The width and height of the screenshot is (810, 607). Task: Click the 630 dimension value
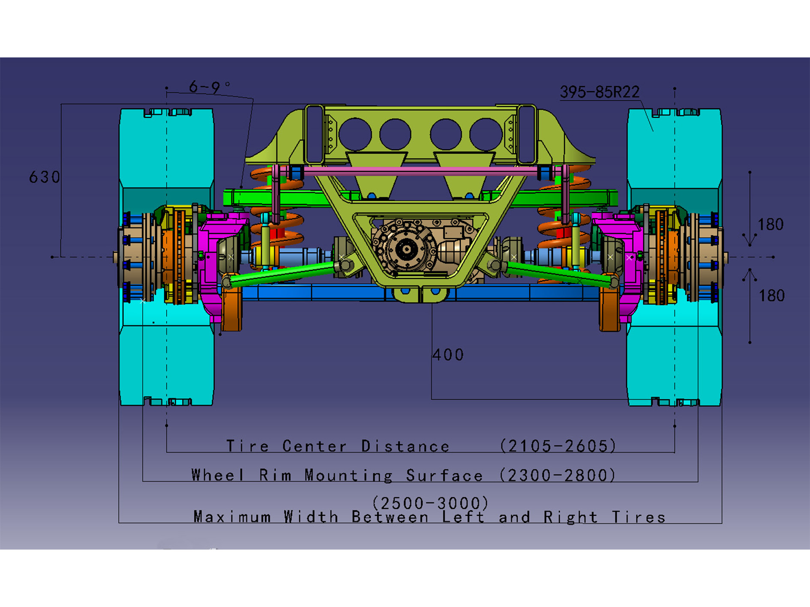45,177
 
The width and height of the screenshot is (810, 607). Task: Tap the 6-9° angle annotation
208,87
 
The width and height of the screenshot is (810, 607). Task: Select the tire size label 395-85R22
599,92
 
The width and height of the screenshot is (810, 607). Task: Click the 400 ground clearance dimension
448,355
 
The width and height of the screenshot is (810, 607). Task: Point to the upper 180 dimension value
770,224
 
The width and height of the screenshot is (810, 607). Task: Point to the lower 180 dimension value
771,296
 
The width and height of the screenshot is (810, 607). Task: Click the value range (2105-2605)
558,446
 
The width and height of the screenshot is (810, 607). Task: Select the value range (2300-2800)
557,475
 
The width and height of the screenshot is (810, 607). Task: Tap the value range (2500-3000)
430,502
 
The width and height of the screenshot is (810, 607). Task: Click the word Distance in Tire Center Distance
405,446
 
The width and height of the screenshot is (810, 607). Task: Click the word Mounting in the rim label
348,475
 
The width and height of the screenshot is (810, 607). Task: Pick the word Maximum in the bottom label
232,517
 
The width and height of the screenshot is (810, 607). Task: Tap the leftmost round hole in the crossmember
354,134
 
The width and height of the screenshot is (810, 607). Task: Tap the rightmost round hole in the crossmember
485,134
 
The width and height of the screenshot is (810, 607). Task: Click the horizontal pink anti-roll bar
420,171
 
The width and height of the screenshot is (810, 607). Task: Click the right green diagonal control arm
557,273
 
